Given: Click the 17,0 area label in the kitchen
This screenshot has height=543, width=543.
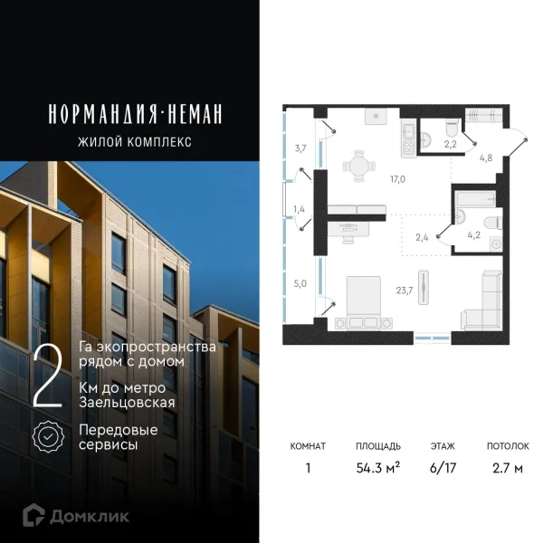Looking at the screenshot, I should (398, 178).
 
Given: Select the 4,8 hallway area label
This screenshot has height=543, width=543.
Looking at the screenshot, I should (485, 157).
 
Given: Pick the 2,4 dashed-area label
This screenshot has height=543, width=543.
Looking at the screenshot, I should (422, 239).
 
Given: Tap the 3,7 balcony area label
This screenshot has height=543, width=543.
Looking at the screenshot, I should (300, 148).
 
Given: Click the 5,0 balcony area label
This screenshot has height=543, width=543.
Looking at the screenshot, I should (300, 283).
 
